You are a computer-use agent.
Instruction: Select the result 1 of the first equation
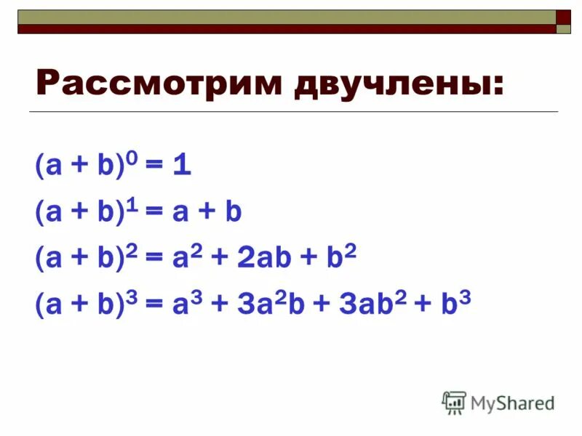(183, 166)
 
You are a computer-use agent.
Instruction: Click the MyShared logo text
(513, 402)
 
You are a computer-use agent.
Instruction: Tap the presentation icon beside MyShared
(454, 402)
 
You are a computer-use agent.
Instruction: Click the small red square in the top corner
(564, 17)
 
